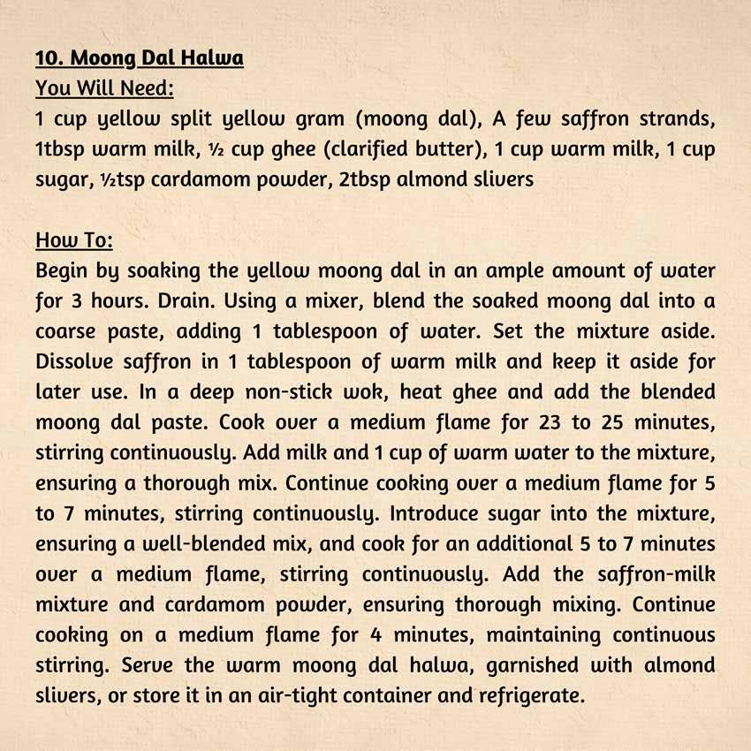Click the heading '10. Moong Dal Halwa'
coord(140,59)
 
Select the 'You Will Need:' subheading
coord(104,88)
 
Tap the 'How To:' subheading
coord(74,240)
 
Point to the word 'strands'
coord(678,119)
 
